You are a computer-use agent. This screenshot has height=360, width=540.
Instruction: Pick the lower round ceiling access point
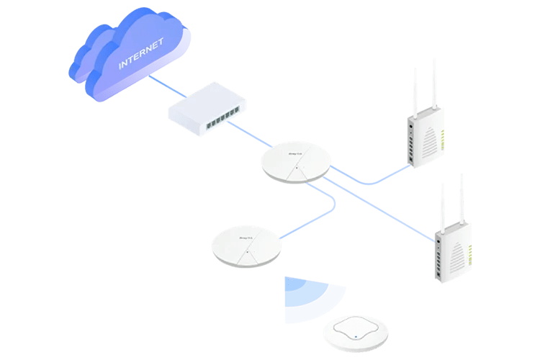click(x=246, y=246)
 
